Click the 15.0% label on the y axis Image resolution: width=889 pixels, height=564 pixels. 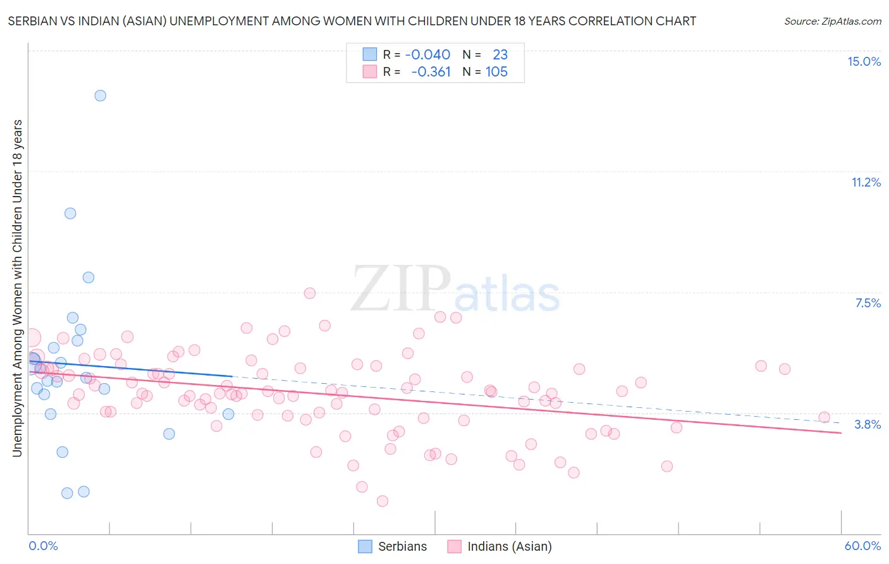[x=864, y=61]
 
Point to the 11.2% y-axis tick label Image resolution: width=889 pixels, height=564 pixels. [x=866, y=182]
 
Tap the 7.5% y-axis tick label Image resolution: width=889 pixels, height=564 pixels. [x=868, y=303]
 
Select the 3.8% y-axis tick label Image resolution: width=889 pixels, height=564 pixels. [x=868, y=424]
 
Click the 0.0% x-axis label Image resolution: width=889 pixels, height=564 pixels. [x=43, y=546]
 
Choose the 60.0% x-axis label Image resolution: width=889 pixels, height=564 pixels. [x=862, y=546]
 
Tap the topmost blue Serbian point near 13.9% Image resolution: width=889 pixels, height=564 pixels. [x=100, y=95]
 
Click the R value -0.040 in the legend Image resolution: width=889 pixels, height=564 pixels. [x=427, y=55]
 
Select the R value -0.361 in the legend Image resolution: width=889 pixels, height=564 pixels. [x=431, y=72]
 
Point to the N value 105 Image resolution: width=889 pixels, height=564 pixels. [x=496, y=72]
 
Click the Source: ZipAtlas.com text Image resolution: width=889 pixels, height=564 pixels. [x=832, y=21]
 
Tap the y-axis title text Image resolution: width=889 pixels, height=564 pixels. [x=17, y=288]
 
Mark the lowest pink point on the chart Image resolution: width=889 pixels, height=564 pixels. [x=382, y=501]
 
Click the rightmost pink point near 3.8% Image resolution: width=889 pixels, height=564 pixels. [x=824, y=417]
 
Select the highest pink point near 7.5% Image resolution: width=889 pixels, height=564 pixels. [x=310, y=293]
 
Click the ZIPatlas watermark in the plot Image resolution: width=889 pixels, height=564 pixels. [x=455, y=290]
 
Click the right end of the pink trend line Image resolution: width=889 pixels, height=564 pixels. [x=841, y=432]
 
